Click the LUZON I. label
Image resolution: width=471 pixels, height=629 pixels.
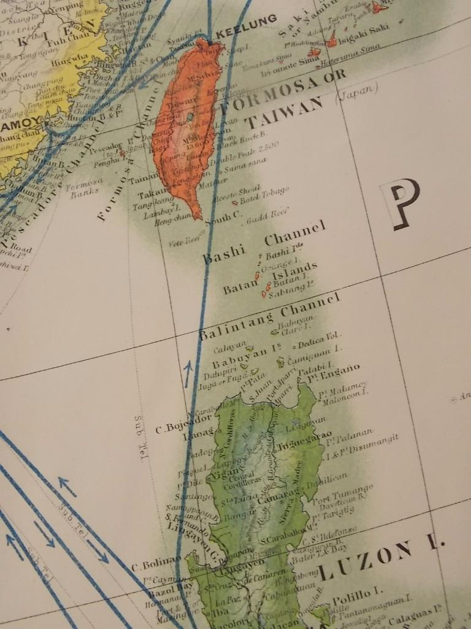pos(380,560)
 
